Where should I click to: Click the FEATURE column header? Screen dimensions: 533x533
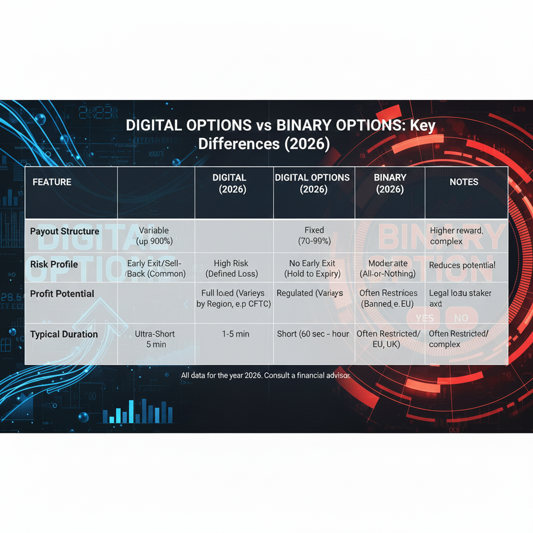tap(52, 182)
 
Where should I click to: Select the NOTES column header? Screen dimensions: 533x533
tap(464, 182)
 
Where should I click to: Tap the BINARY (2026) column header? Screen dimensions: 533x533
tap(390, 183)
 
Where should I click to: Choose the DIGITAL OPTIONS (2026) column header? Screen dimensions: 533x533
tap(312, 183)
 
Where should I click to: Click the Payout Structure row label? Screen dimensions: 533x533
tap(65, 231)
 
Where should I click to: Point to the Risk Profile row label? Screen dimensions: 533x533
tap(54, 264)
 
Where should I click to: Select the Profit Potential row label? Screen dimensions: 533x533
tap(62, 294)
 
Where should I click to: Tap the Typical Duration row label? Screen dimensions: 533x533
tap(64, 334)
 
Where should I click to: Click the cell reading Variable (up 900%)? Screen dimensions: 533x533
tap(154, 236)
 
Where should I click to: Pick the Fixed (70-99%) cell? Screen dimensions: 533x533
tap(314, 236)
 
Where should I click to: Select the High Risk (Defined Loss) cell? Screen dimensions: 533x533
tap(231, 269)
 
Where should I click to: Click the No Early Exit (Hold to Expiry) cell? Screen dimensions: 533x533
tap(312, 269)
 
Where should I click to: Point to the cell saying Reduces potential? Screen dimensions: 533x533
tap(462, 265)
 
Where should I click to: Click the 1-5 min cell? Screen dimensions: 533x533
tap(235, 334)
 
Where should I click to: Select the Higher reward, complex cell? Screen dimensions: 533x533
tap(456, 236)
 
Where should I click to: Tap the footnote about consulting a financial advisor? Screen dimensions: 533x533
tap(265, 375)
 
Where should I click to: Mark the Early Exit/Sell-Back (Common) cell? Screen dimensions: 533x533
tap(156, 269)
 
